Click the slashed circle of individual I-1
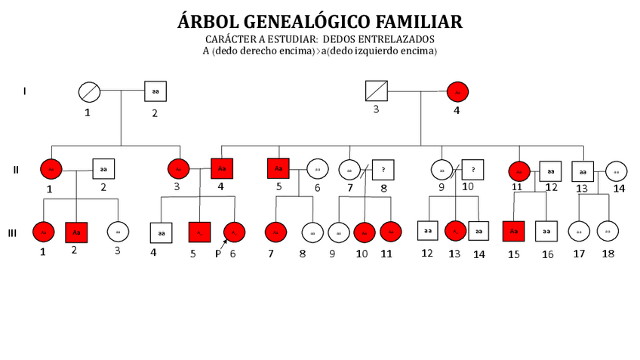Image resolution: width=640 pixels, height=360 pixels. coord(90,92)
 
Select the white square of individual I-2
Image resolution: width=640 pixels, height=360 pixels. coord(155,91)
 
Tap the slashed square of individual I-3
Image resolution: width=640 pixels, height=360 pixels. coord(376,92)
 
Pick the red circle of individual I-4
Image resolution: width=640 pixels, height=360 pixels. coord(457,92)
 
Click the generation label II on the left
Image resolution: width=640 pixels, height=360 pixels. coord(15,169)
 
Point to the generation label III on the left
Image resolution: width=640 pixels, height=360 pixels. coord(12,233)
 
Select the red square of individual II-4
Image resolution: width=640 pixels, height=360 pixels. coord(222,168)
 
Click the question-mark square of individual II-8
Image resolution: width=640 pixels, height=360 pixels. coord(383,171)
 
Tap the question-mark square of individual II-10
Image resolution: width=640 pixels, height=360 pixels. coord(472,170)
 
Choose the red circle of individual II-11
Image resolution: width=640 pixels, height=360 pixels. coord(519,171)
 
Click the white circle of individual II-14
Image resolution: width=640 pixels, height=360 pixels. coord(616,171)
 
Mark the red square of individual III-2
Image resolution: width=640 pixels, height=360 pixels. coord(76,232)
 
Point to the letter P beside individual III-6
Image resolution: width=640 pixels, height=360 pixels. coord(217,254)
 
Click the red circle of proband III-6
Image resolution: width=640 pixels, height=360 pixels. coord(234,232)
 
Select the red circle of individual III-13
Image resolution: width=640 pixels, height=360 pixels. coord(455,230)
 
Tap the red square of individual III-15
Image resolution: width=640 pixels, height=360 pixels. coord(514,231)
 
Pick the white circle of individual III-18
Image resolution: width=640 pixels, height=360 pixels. coord(608,231)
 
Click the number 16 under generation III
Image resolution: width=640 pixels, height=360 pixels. coord(547,254)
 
